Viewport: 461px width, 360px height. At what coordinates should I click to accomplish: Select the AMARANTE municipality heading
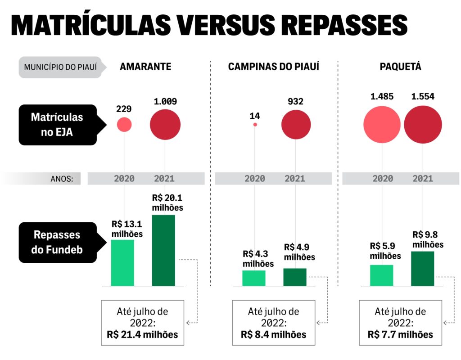[x=145, y=67]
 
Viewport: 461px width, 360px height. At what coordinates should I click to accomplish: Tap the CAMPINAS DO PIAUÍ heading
[x=273, y=67]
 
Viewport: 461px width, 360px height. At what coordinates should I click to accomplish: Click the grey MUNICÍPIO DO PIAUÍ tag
[x=60, y=67]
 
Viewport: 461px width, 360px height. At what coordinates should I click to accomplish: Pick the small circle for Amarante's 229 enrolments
[x=124, y=125]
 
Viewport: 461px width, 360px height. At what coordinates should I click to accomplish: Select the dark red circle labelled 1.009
[x=165, y=125]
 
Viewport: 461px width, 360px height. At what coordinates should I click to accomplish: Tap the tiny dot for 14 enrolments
[x=255, y=125]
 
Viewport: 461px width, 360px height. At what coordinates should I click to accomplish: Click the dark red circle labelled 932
[x=296, y=125]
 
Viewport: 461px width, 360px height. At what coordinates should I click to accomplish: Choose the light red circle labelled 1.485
[x=382, y=125]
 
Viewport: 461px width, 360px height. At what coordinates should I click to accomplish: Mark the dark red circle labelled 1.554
[x=422, y=125]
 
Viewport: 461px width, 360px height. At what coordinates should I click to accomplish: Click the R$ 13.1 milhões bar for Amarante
[x=122, y=263]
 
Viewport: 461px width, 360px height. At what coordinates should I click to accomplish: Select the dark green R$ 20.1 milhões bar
[x=163, y=250]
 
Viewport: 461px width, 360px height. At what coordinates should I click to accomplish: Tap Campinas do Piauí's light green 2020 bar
[x=254, y=278]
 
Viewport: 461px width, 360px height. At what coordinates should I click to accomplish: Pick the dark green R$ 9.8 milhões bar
[x=422, y=269]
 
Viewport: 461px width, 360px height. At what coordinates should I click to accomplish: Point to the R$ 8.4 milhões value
[x=273, y=334]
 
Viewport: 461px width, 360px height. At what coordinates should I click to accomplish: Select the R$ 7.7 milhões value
[x=400, y=334]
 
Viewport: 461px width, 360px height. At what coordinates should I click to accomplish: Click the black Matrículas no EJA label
[x=57, y=125]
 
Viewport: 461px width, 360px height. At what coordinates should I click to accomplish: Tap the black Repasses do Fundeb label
[x=57, y=242]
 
